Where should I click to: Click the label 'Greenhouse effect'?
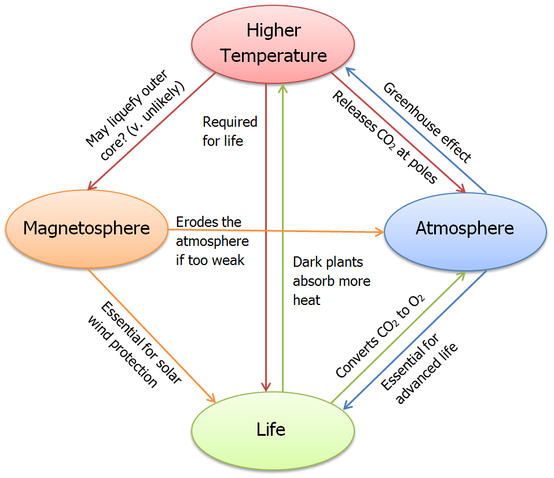pyautogui.click(x=428, y=122)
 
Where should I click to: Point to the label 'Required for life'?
pyautogui.click(x=229, y=131)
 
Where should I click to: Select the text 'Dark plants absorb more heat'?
pyautogui.click(x=331, y=281)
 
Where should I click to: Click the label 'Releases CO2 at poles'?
pyautogui.click(x=384, y=137)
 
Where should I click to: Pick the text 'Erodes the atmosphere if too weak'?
pyautogui.click(x=212, y=241)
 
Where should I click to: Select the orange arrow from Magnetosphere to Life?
pyautogui.click(x=151, y=335)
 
